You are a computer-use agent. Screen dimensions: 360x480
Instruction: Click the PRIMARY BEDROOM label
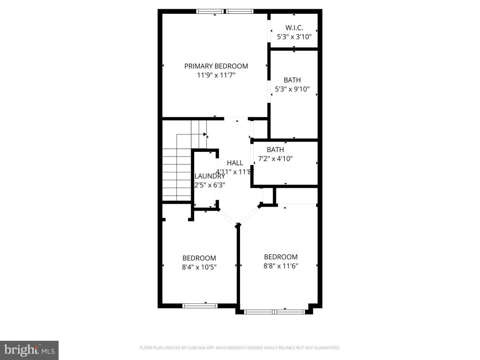coord(216,66)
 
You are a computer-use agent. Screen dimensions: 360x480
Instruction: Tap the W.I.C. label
coord(294,27)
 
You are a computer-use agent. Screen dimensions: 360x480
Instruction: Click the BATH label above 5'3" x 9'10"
coord(292,80)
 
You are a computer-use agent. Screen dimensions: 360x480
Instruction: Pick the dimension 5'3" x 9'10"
coord(292,89)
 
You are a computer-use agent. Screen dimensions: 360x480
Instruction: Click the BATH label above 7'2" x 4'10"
coord(275,150)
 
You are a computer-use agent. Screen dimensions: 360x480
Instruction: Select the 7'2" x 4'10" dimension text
coord(275,158)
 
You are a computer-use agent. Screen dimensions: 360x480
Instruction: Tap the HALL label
coord(234,163)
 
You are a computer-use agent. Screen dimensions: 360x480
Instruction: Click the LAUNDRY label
coord(210,176)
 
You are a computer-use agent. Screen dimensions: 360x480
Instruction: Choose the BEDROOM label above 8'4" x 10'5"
coord(199,258)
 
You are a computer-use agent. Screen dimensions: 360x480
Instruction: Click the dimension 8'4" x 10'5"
coord(199,267)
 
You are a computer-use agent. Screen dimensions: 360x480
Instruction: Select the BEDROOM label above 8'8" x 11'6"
coord(281,257)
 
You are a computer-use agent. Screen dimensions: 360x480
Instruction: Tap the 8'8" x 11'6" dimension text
coord(281,266)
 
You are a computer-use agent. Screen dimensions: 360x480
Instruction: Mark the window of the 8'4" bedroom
coord(200,305)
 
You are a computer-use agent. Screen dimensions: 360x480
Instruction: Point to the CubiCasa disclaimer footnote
coord(240,348)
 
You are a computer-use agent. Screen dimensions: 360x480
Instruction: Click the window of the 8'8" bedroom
coord(274,312)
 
